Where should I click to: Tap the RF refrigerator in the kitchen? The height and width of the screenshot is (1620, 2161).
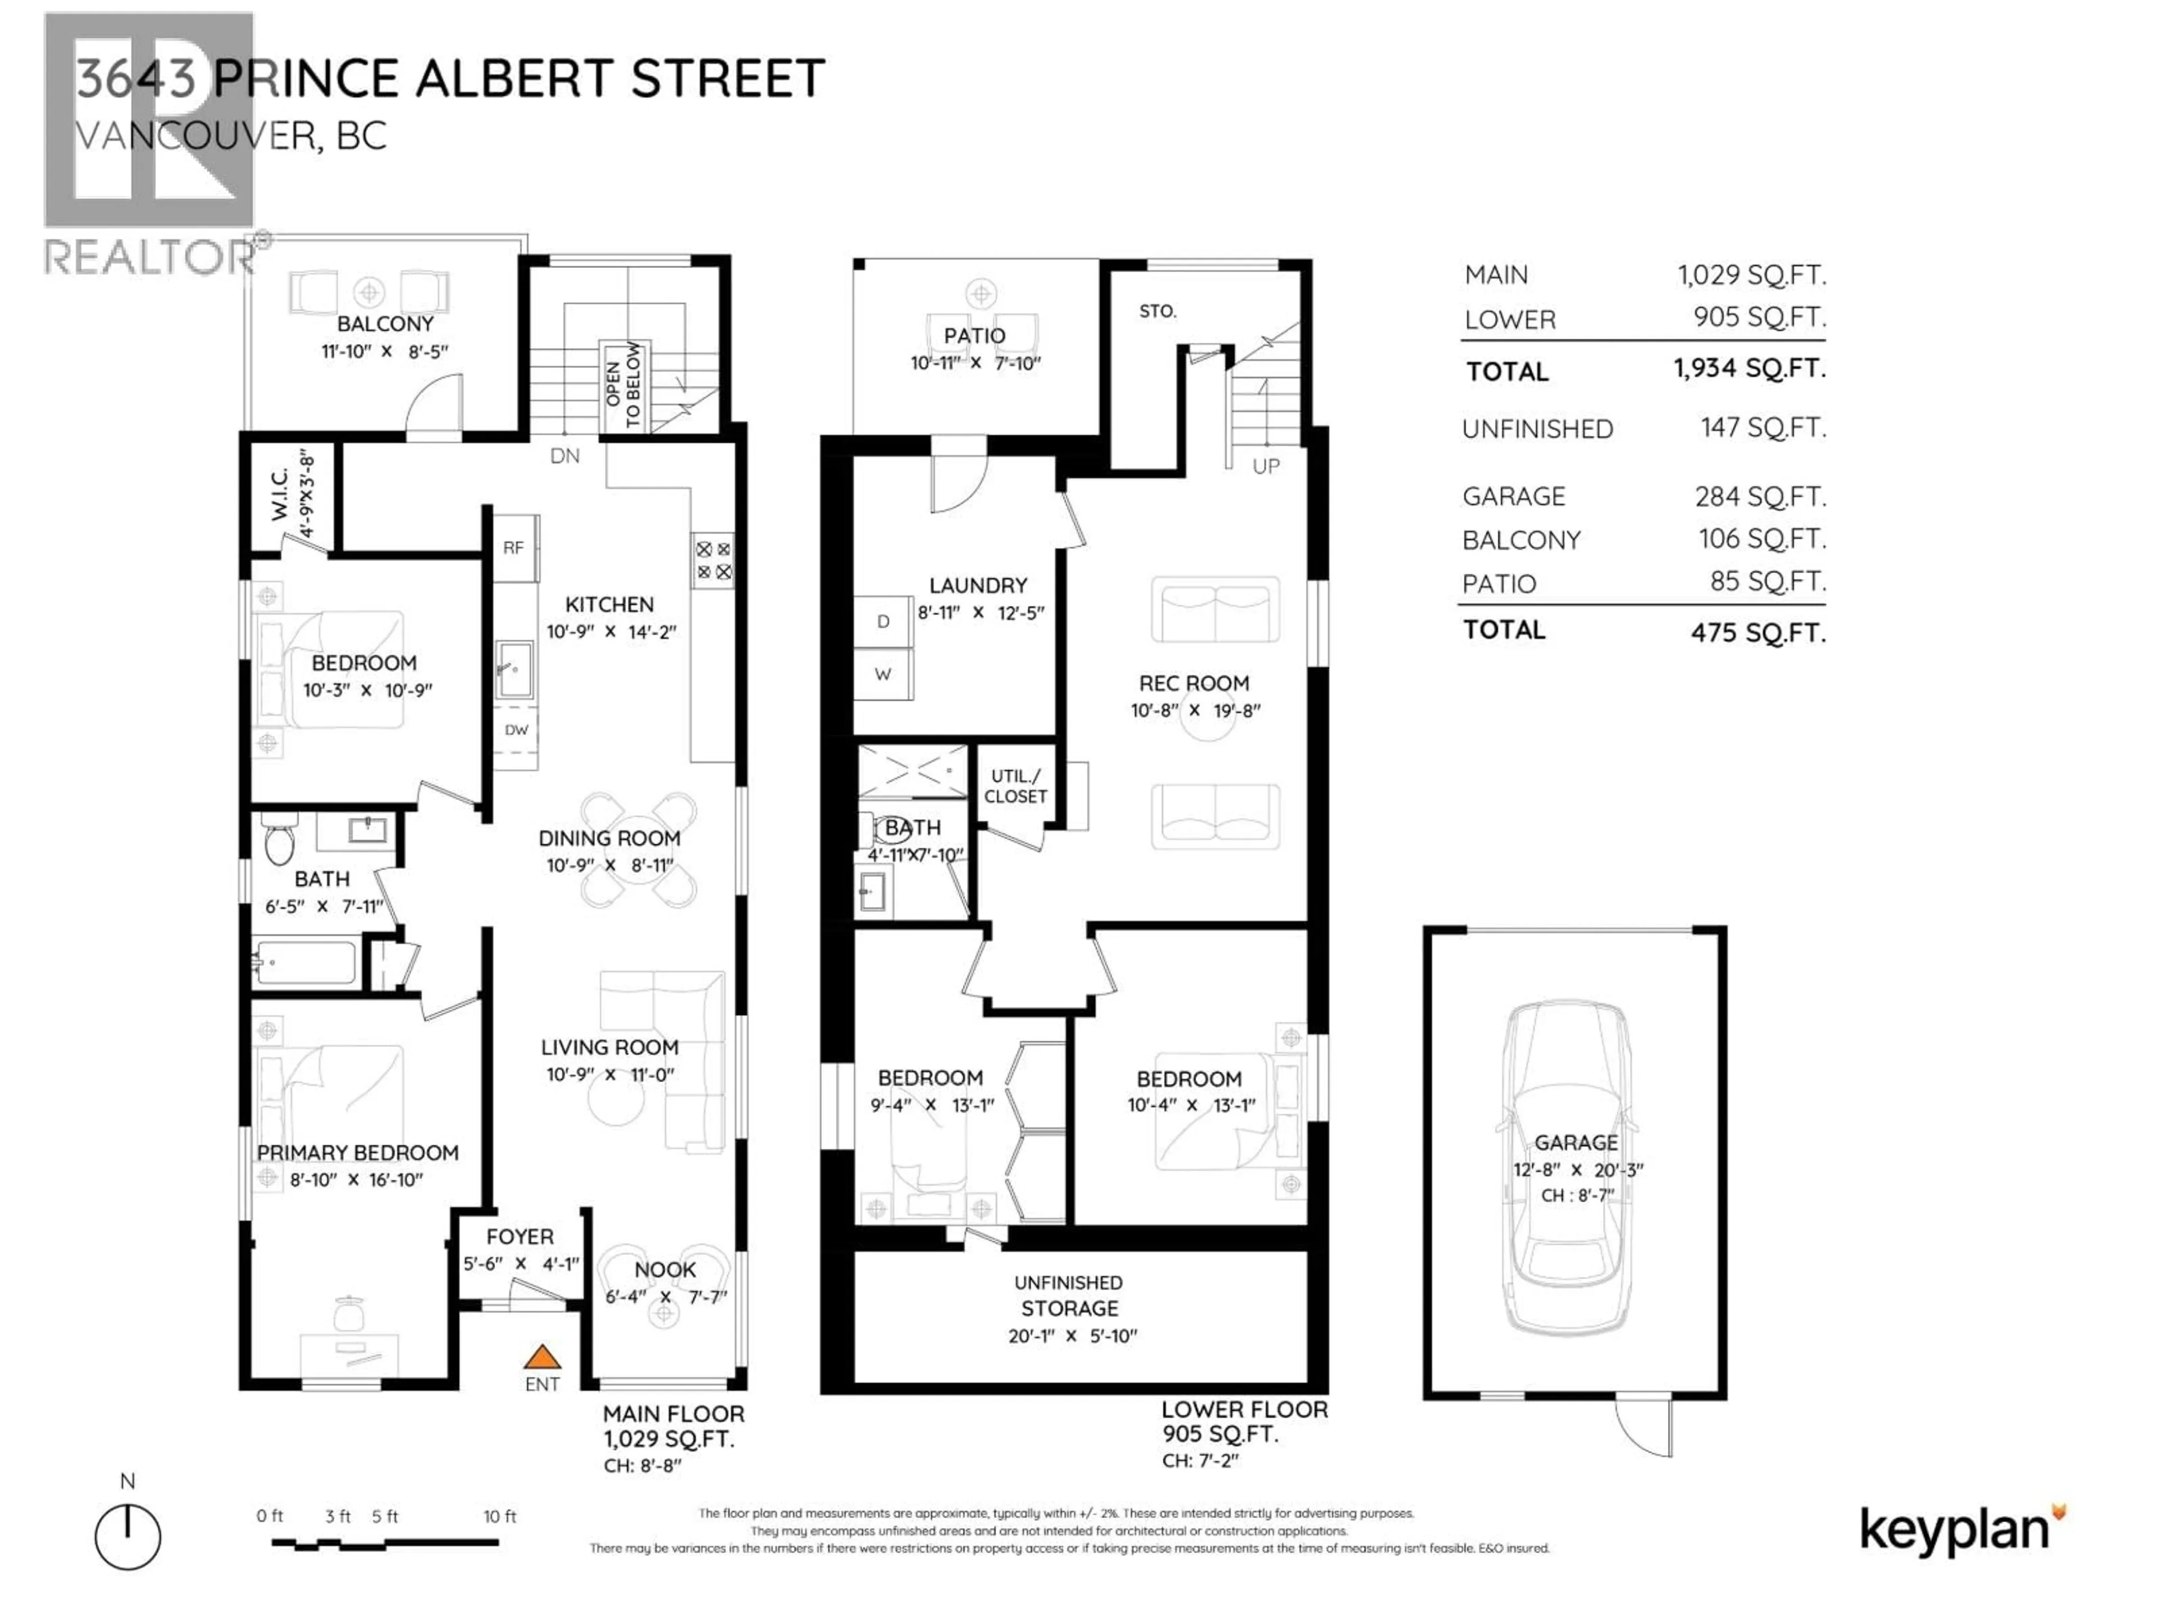[x=514, y=548]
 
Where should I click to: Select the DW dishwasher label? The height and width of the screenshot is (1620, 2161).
[x=516, y=730]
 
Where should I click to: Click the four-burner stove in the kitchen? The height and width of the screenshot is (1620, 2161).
[x=713, y=560]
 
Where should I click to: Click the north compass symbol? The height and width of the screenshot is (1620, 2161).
[x=128, y=1537]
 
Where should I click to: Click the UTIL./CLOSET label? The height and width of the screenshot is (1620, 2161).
[x=1015, y=786]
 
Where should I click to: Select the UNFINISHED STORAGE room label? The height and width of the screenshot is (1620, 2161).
[x=1069, y=1296]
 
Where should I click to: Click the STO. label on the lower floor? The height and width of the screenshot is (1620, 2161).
[x=1158, y=312]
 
